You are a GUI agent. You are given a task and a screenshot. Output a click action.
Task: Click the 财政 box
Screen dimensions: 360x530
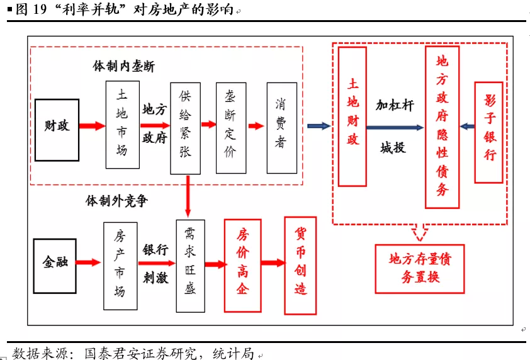click(x=57, y=126)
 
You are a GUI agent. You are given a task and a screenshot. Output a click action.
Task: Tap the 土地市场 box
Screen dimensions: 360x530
click(x=122, y=125)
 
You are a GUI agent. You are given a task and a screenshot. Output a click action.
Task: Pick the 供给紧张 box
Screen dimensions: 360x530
click(x=186, y=128)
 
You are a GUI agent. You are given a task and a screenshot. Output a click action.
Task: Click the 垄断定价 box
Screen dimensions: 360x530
click(x=230, y=128)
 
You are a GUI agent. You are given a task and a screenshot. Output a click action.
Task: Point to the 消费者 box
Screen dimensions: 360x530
click(x=282, y=128)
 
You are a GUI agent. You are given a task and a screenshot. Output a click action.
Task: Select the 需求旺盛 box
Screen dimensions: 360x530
click(x=191, y=266)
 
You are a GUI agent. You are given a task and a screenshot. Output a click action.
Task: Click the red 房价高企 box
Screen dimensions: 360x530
click(x=242, y=265)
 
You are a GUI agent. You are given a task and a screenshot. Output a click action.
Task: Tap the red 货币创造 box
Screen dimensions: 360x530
click(x=300, y=265)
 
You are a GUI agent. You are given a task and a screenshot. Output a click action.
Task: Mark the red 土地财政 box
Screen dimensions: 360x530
click(x=352, y=116)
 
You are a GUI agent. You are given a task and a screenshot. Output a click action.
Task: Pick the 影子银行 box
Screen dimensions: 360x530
click(x=489, y=132)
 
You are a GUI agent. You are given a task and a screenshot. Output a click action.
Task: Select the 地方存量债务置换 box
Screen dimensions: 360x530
click(x=419, y=268)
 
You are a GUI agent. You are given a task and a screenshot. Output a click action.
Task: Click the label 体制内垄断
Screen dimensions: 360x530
click(x=124, y=66)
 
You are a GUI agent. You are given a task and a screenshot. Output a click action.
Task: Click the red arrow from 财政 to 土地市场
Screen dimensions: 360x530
click(x=92, y=126)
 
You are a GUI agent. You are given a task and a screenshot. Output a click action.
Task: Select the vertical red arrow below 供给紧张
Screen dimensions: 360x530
click(x=187, y=196)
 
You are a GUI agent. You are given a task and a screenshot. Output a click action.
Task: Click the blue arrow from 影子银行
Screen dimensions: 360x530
click(x=467, y=127)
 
